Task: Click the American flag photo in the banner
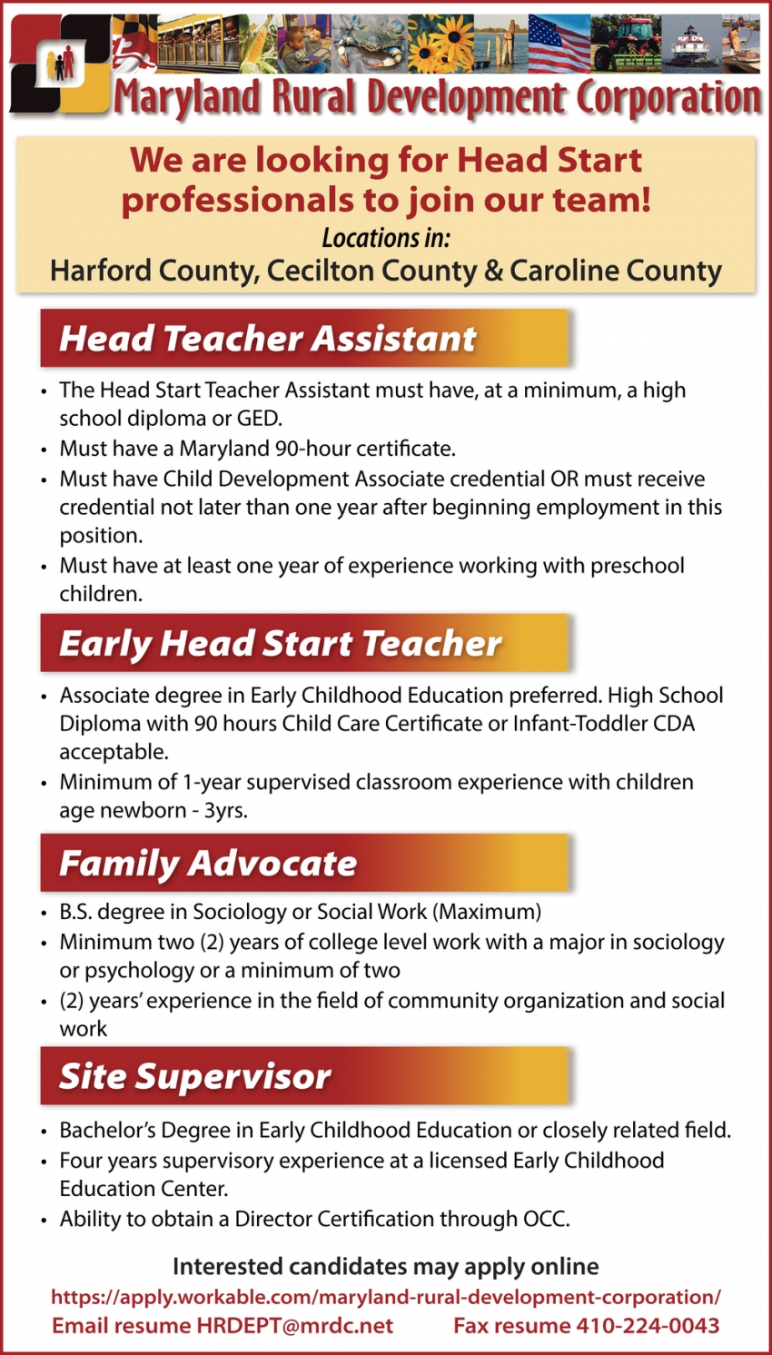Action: tap(559, 44)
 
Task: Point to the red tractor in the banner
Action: tap(626, 44)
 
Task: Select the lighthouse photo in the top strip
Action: tap(692, 44)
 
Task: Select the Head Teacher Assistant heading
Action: tap(267, 339)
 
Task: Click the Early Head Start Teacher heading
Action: tap(280, 643)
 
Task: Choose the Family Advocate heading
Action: tap(208, 863)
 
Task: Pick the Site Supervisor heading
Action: tap(194, 1076)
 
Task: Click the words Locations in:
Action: tap(386, 238)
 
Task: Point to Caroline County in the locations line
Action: tap(616, 271)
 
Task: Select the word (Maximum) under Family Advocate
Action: tap(487, 912)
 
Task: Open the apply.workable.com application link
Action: tap(386, 1297)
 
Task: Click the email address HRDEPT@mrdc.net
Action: tap(295, 1326)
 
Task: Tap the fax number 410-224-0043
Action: tap(648, 1326)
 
